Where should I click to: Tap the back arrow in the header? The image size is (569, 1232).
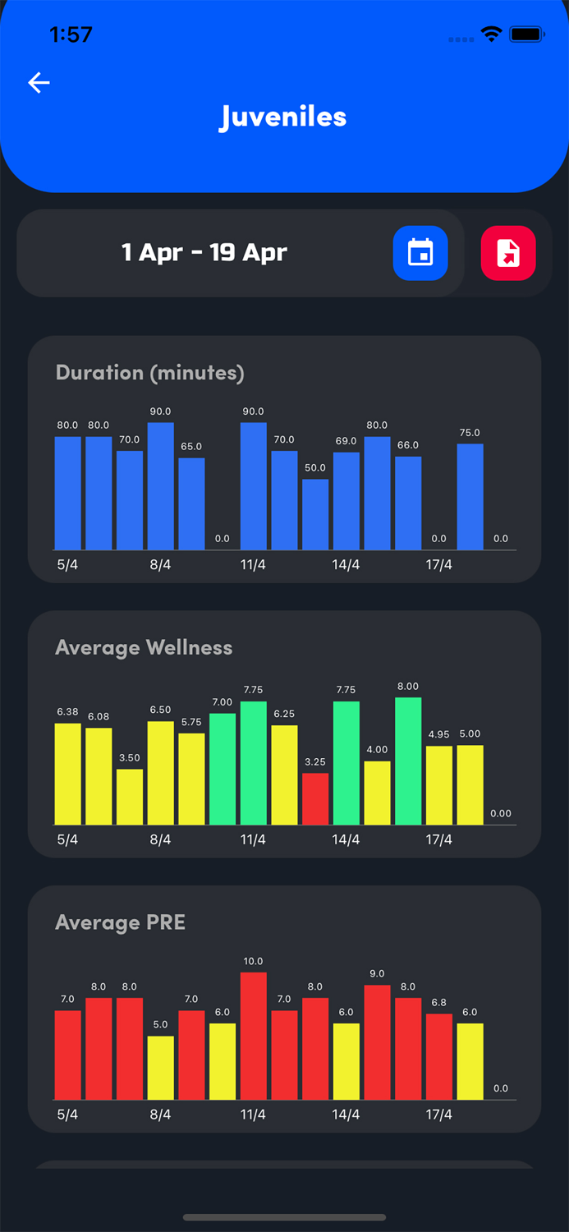tap(39, 82)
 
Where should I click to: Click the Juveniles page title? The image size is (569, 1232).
tap(283, 117)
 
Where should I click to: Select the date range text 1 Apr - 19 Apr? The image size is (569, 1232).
tap(204, 252)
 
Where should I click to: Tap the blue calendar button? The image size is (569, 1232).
tap(420, 253)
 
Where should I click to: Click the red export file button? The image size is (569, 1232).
tap(508, 253)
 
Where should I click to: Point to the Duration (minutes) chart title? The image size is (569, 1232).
tap(149, 373)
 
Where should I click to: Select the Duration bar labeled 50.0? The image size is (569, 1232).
tap(315, 514)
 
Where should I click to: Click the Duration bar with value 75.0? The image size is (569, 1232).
tap(470, 496)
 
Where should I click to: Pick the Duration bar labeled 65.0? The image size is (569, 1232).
tap(191, 503)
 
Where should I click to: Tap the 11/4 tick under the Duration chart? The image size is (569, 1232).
tap(253, 565)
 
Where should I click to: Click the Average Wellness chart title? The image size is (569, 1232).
tap(144, 648)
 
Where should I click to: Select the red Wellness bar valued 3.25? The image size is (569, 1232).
tap(315, 798)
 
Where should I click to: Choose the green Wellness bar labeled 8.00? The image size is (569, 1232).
tap(408, 761)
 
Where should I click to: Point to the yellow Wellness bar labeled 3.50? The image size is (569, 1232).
tap(130, 797)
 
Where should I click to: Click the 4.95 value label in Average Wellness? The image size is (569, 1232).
tap(438, 734)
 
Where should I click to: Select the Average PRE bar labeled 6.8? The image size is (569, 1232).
tap(438, 1056)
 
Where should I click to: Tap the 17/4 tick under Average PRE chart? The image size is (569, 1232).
tap(438, 1115)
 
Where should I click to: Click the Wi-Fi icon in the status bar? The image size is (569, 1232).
tap(492, 34)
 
